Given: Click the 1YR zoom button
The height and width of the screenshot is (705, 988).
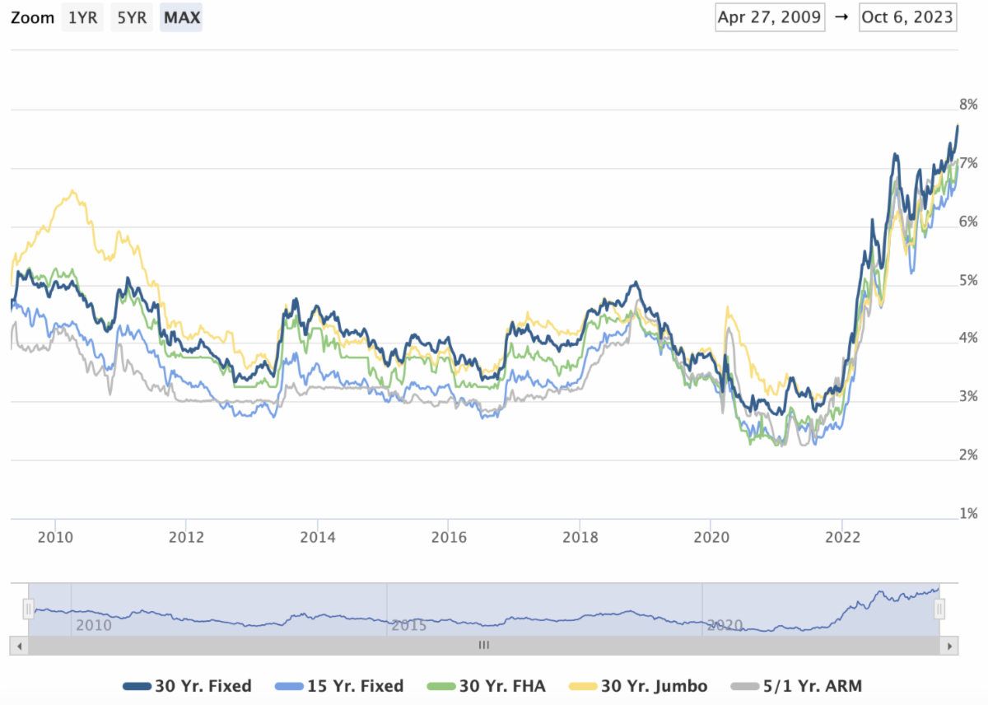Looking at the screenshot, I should click(x=82, y=17).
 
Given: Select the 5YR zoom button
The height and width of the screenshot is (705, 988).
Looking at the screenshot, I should click(x=132, y=17).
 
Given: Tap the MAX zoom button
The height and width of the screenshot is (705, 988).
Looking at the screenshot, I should click(x=181, y=17).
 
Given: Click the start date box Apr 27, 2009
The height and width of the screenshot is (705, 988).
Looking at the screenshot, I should click(x=770, y=17).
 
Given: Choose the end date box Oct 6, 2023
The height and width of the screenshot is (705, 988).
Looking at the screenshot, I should click(x=907, y=17).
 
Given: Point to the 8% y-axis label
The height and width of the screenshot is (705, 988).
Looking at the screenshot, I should click(x=967, y=105).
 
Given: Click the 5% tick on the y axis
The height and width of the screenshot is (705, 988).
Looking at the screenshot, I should click(x=967, y=281).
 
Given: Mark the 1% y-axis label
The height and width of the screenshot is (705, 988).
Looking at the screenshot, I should click(x=967, y=514).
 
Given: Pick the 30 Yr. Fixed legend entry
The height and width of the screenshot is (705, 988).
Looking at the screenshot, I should click(x=188, y=686).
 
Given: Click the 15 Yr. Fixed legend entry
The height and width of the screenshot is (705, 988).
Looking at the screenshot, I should click(x=340, y=686).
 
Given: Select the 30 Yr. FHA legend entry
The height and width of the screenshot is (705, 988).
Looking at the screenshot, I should click(x=487, y=686).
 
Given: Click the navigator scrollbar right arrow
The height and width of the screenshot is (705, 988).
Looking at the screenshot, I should click(x=949, y=646).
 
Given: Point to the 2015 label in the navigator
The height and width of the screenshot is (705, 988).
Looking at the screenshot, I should click(x=409, y=625).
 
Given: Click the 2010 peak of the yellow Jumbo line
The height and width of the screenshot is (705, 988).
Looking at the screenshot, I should click(x=73, y=192).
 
